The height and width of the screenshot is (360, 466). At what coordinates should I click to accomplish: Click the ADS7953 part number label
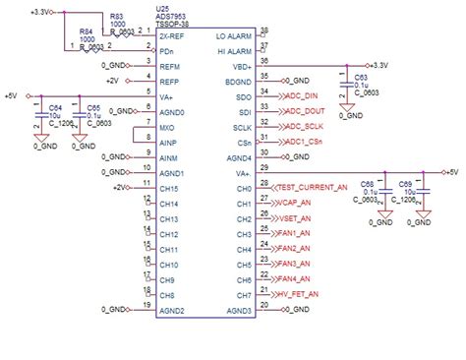[173, 17]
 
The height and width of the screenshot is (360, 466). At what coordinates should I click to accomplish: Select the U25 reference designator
[163, 8]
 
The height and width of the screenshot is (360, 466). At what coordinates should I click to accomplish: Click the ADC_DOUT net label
[305, 111]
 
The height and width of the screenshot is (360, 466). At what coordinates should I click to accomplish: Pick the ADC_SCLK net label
[305, 127]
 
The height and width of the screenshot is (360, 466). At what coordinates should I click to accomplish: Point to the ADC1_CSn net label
[305, 143]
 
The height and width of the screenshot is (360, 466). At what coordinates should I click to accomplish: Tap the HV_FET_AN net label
[301, 294]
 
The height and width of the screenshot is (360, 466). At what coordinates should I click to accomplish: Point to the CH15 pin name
[168, 188]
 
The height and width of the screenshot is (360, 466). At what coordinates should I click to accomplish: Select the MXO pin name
[167, 127]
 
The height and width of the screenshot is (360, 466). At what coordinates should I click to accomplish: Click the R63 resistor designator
[117, 17]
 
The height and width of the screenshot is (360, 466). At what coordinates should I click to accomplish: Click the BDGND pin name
[239, 81]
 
